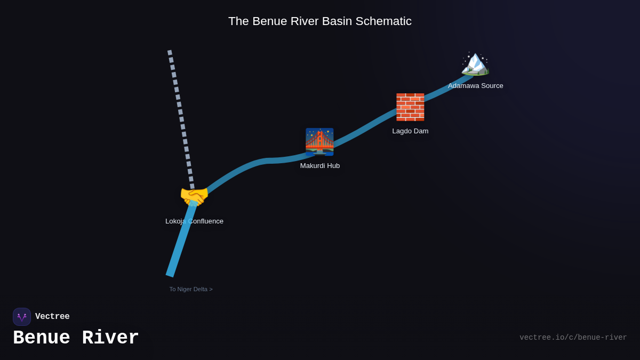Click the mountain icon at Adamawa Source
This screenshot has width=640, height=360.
click(x=475, y=63)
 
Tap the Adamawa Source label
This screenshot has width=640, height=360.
click(x=475, y=86)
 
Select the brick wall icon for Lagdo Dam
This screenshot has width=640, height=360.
click(x=410, y=107)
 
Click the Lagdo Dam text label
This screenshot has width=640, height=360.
click(x=410, y=131)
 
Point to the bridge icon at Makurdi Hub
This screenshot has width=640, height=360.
click(x=319, y=142)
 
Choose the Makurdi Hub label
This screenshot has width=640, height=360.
click(x=319, y=166)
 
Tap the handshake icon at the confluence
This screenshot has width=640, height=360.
click(x=194, y=196)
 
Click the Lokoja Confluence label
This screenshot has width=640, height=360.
click(x=194, y=221)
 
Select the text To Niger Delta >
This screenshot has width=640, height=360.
click(x=191, y=289)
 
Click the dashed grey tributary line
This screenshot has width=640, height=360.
click(x=180, y=112)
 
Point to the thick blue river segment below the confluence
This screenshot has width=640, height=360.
click(x=180, y=243)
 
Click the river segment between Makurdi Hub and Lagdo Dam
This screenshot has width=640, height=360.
click(x=363, y=129)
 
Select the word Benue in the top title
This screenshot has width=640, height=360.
click(x=269, y=21)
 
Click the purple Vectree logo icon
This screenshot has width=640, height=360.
click(x=22, y=317)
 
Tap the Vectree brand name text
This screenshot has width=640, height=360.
click(x=52, y=317)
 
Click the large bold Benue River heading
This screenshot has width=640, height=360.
click(x=76, y=338)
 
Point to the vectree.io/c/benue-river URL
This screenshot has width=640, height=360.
click(x=573, y=338)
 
